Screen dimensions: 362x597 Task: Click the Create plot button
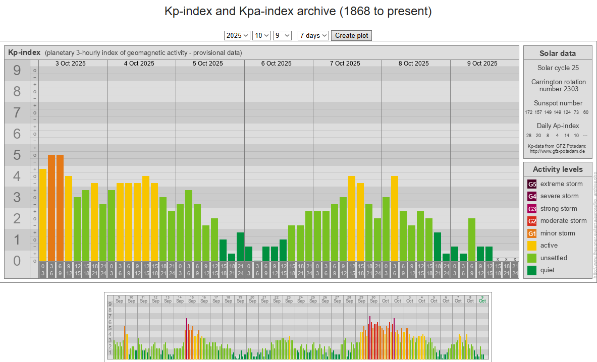(x=351, y=35)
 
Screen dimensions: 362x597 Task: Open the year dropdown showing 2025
(x=237, y=35)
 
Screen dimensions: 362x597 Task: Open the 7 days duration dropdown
(x=313, y=35)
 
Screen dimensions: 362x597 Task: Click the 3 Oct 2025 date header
(x=70, y=64)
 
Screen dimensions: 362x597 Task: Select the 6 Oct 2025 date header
(x=276, y=64)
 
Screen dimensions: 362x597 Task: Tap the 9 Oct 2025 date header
(x=482, y=64)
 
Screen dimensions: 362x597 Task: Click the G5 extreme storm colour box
(x=532, y=184)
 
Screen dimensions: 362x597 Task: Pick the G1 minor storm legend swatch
(x=532, y=233)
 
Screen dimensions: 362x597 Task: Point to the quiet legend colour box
(x=532, y=270)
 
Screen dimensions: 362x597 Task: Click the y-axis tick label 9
(x=17, y=71)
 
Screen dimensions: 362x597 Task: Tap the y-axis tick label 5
(x=17, y=155)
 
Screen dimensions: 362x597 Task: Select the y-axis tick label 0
(x=17, y=261)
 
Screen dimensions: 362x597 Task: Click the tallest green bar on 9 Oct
(x=472, y=239)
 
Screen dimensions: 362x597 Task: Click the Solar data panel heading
(x=557, y=53)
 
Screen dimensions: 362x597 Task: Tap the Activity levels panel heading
(x=557, y=169)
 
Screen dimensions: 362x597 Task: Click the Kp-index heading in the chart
(x=24, y=52)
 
